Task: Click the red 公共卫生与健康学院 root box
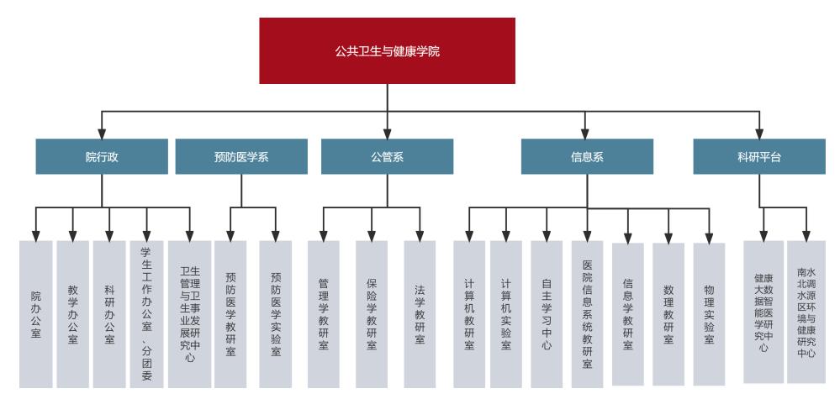click(387, 50)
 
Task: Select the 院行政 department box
click(102, 156)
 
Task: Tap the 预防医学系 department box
click(240, 156)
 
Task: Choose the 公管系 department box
click(387, 156)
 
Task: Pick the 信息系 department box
click(587, 156)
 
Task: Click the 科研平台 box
click(758, 156)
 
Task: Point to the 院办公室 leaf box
click(35, 313)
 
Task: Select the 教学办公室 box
click(72, 313)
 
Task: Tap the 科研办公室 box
click(109, 313)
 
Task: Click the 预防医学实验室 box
click(276, 313)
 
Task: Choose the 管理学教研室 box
click(323, 313)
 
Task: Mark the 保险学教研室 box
click(372, 313)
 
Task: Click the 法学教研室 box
click(420, 313)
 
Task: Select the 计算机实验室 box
click(506, 313)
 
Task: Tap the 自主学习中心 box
click(547, 313)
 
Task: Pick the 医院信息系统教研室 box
click(587, 313)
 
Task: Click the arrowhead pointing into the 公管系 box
click(387, 133)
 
